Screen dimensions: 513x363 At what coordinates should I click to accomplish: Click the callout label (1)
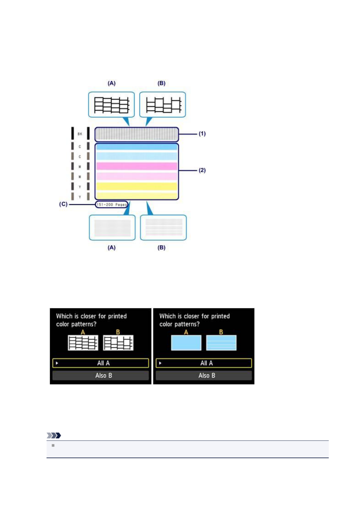202,133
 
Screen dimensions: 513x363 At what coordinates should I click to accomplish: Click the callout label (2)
202,170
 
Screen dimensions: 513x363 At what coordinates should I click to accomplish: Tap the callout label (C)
63,204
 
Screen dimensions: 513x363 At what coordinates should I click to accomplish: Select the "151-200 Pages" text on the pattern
111,204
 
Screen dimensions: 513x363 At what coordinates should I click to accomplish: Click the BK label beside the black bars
80,134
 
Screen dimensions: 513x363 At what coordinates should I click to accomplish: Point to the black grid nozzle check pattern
136,134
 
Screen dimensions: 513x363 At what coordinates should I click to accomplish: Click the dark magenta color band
137,166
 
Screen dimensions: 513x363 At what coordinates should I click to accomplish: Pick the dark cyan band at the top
137,147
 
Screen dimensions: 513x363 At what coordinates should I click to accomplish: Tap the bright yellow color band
137,186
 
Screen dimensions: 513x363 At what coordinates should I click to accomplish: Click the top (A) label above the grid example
112,83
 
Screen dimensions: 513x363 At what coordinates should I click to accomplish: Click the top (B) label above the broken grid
161,83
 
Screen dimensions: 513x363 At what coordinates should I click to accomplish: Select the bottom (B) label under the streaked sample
161,248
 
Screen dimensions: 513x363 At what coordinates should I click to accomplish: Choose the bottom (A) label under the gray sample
112,248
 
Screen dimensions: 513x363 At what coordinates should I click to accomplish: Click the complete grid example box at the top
112,104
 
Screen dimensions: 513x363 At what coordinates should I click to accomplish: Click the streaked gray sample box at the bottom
163,228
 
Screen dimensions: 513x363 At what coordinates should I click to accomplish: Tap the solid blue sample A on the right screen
186,343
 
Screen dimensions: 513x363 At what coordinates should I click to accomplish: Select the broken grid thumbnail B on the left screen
118,343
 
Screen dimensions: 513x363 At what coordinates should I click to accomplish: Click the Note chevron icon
54,435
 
